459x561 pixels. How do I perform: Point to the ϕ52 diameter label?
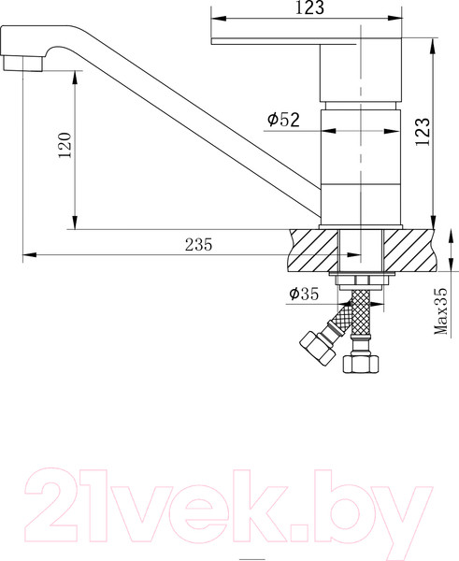tap(282, 120)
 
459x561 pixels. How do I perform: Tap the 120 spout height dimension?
tap(64, 147)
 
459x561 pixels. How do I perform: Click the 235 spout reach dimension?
tap(198, 245)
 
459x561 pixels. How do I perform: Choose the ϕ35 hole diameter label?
tap(304, 295)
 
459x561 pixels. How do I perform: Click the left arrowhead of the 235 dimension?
tap(28, 253)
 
